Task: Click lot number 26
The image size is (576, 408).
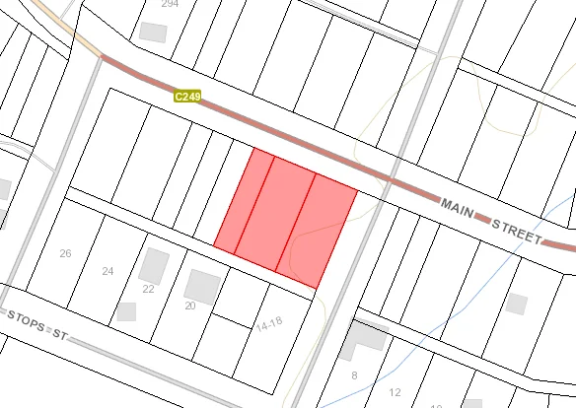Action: (65, 253)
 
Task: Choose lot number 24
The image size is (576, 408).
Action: (108, 270)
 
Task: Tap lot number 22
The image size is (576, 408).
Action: (148, 289)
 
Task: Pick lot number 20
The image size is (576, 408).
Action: (190, 306)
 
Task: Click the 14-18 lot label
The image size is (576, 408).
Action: (269, 323)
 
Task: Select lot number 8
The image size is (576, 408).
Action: (354, 374)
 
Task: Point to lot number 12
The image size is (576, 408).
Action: (396, 392)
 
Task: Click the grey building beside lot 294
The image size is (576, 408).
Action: (154, 31)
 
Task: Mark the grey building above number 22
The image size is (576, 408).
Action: (154, 264)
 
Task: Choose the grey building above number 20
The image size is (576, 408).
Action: (202, 286)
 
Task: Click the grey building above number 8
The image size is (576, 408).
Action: (367, 337)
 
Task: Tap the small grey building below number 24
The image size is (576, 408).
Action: (125, 311)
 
